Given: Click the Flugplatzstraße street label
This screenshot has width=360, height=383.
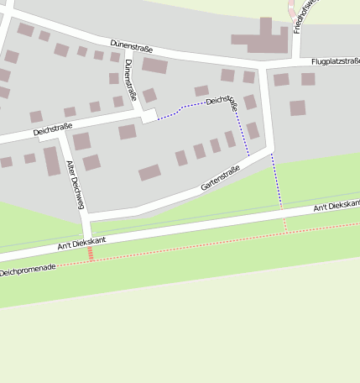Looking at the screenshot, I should [335, 62].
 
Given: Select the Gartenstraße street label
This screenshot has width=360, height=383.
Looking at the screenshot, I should [221, 179].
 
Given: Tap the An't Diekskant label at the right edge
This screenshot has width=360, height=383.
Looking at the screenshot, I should [337, 205].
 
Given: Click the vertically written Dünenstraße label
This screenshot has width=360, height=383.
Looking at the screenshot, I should [129, 77].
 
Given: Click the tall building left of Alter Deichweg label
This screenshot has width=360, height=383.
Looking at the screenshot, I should [52, 160].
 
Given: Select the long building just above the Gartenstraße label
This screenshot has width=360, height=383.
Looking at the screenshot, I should [149, 172].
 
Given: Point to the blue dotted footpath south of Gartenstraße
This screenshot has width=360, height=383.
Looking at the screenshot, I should [277, 180].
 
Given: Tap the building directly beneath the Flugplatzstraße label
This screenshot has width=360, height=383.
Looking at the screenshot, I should [308, 79].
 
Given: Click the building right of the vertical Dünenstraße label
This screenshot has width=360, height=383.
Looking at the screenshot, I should [154, 66].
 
